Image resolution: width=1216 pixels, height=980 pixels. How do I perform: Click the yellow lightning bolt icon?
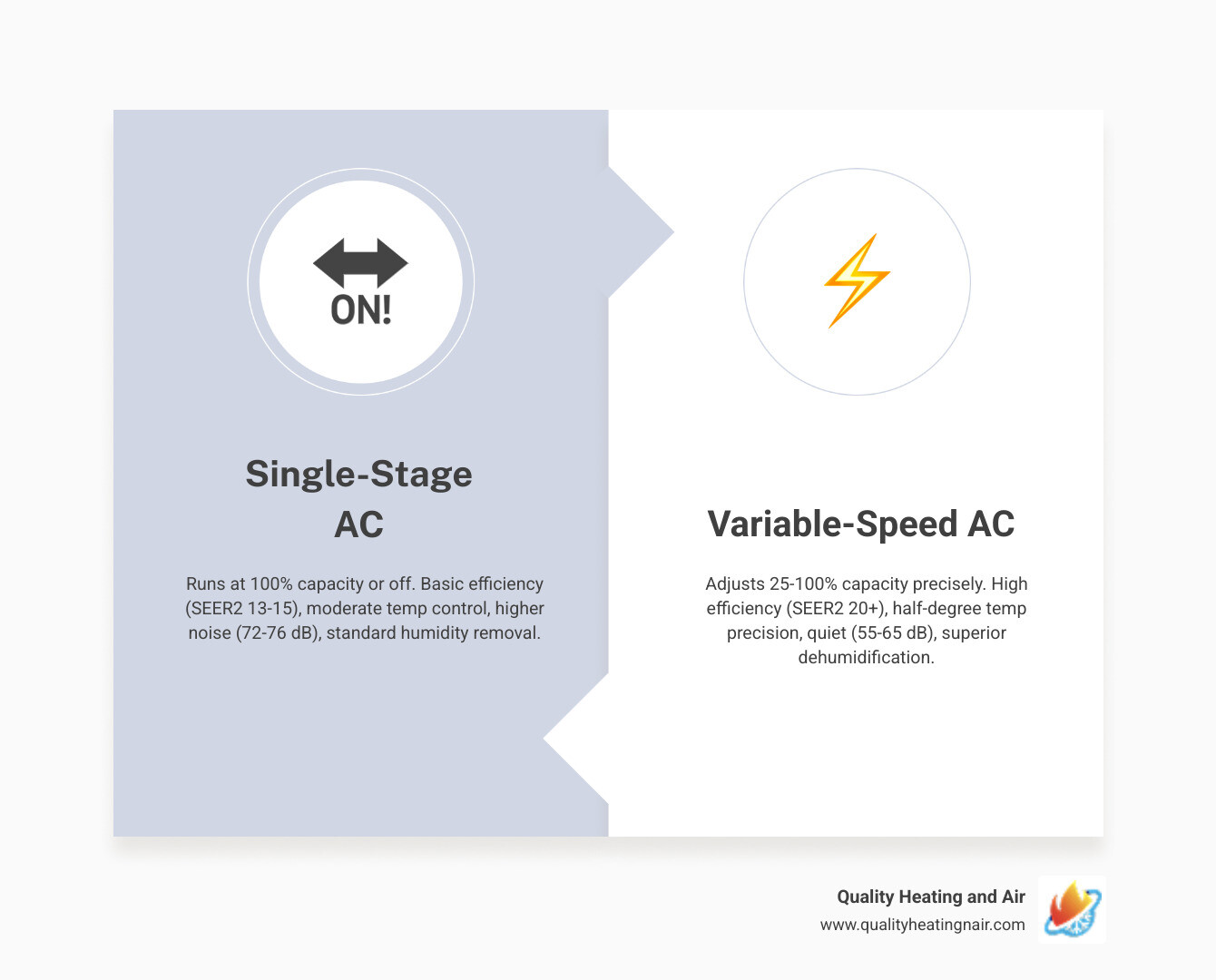pyautogui.click(x=857, y=280)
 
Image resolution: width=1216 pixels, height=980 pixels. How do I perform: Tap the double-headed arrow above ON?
pyautogui.click(x=360, y=263)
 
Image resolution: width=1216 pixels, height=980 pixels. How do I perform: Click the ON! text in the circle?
pyautogui.click(x=361, y=311)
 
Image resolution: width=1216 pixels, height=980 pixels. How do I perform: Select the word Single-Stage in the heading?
pyautogui.click(x=358, y=474)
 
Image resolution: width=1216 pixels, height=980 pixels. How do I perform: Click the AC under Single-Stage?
pyautogui.click(x=358, y=524)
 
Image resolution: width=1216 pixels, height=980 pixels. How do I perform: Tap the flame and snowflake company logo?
pyautogui.click(x=1072, y=909)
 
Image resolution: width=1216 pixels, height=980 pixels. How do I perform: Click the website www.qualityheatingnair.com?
pyautogui.click(x=922, y=925)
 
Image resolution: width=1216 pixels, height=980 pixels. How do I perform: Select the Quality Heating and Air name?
pyautogui.click(x=930, y=897)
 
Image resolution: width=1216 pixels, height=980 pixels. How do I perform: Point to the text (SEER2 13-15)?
pyautogui.click(x=242, y=609)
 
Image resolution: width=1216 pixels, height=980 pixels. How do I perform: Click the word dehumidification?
pyautogui.click(x=866, y=658)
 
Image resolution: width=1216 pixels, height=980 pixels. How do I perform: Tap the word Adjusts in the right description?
pyautogui.click(x=735, y=584)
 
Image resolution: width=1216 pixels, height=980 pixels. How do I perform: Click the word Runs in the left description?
pyautogui.click(x=205, y=584)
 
